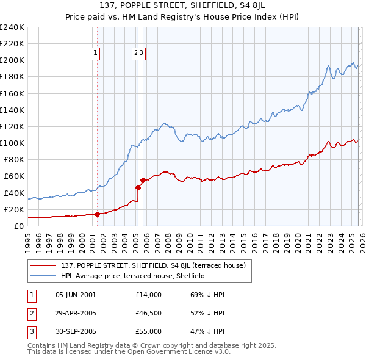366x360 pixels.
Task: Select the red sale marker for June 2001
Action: [x=97, y=214]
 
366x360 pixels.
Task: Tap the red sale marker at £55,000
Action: [x=143, y=180]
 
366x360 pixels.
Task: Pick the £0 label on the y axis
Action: [x=20, y=226]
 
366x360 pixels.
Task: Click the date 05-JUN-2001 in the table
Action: [x=76, y=295]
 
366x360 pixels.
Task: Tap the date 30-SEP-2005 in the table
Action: [x=76, y=331]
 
